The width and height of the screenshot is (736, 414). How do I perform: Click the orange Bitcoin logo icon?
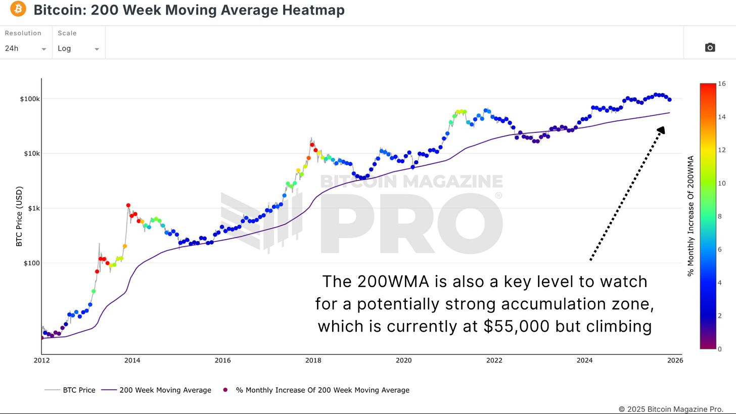(18, 9)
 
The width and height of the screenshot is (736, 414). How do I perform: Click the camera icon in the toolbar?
(710, 48)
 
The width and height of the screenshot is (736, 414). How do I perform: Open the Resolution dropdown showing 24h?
(25, 49)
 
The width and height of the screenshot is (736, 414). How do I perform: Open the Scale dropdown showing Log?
(78, 49)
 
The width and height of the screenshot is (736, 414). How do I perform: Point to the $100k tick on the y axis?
(30, 99)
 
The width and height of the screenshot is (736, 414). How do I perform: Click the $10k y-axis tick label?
(31, 153)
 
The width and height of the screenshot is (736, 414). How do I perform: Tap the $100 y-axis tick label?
(31, 263)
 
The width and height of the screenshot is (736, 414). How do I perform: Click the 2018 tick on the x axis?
(313, 360)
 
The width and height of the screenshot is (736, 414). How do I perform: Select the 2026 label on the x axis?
(675, 360)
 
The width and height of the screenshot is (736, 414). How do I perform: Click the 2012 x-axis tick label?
(41, 360)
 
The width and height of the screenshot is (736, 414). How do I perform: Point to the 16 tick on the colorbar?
(721, 83)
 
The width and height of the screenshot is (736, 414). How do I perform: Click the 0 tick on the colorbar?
(720, 349)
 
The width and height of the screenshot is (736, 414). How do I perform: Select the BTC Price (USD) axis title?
(19, 216)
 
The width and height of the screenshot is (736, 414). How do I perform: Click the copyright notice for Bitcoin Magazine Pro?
(671, 409)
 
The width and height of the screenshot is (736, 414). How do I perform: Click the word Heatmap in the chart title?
(313, 10)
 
